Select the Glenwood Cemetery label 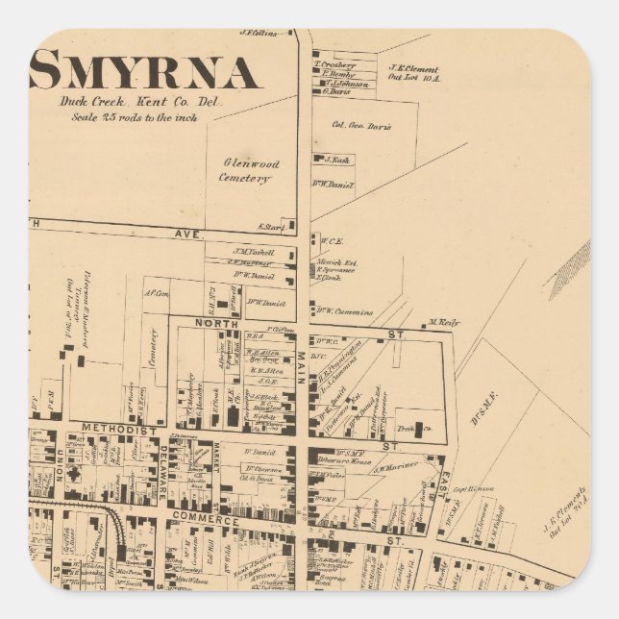(249, 170)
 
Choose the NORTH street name (217, 325)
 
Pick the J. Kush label (335, 160)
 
